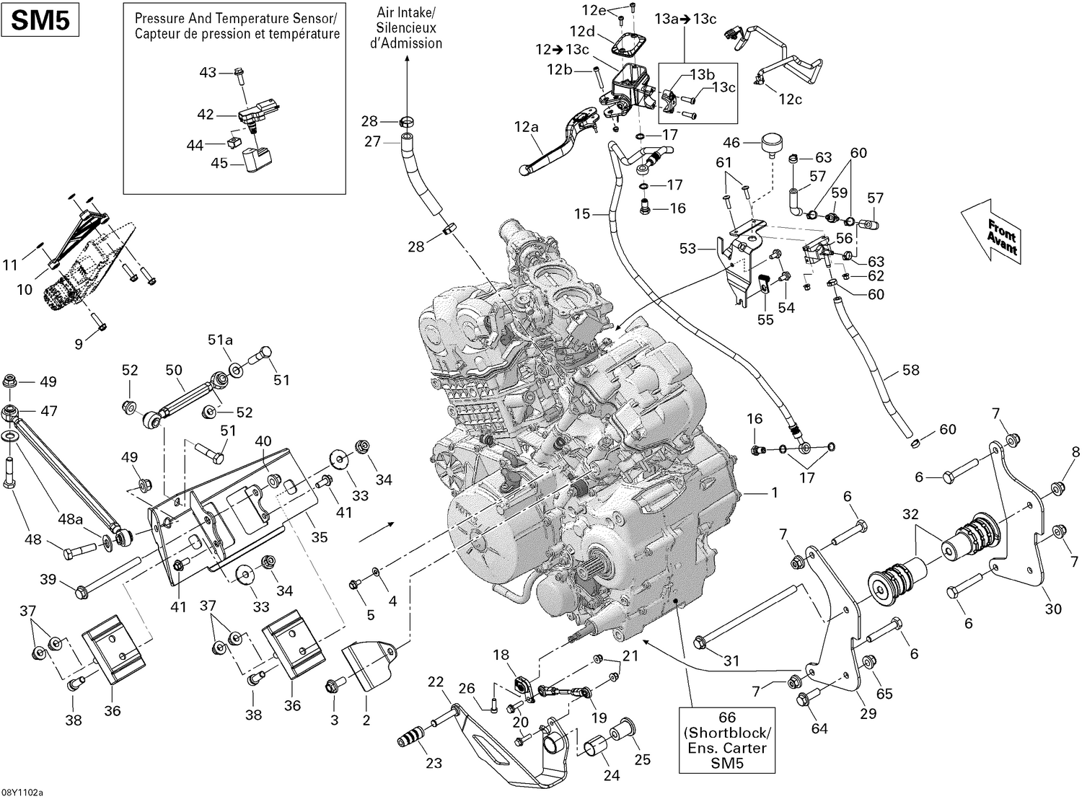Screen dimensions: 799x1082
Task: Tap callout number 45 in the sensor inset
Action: point(219,163)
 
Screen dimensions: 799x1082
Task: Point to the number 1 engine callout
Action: point(775,493)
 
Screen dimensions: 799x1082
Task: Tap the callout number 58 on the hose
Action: point(911,370)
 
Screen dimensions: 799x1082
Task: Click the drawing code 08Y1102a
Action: point(22,792)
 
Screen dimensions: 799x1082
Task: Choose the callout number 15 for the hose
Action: point(582,213)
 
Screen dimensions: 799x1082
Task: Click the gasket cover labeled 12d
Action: point(628,45)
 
